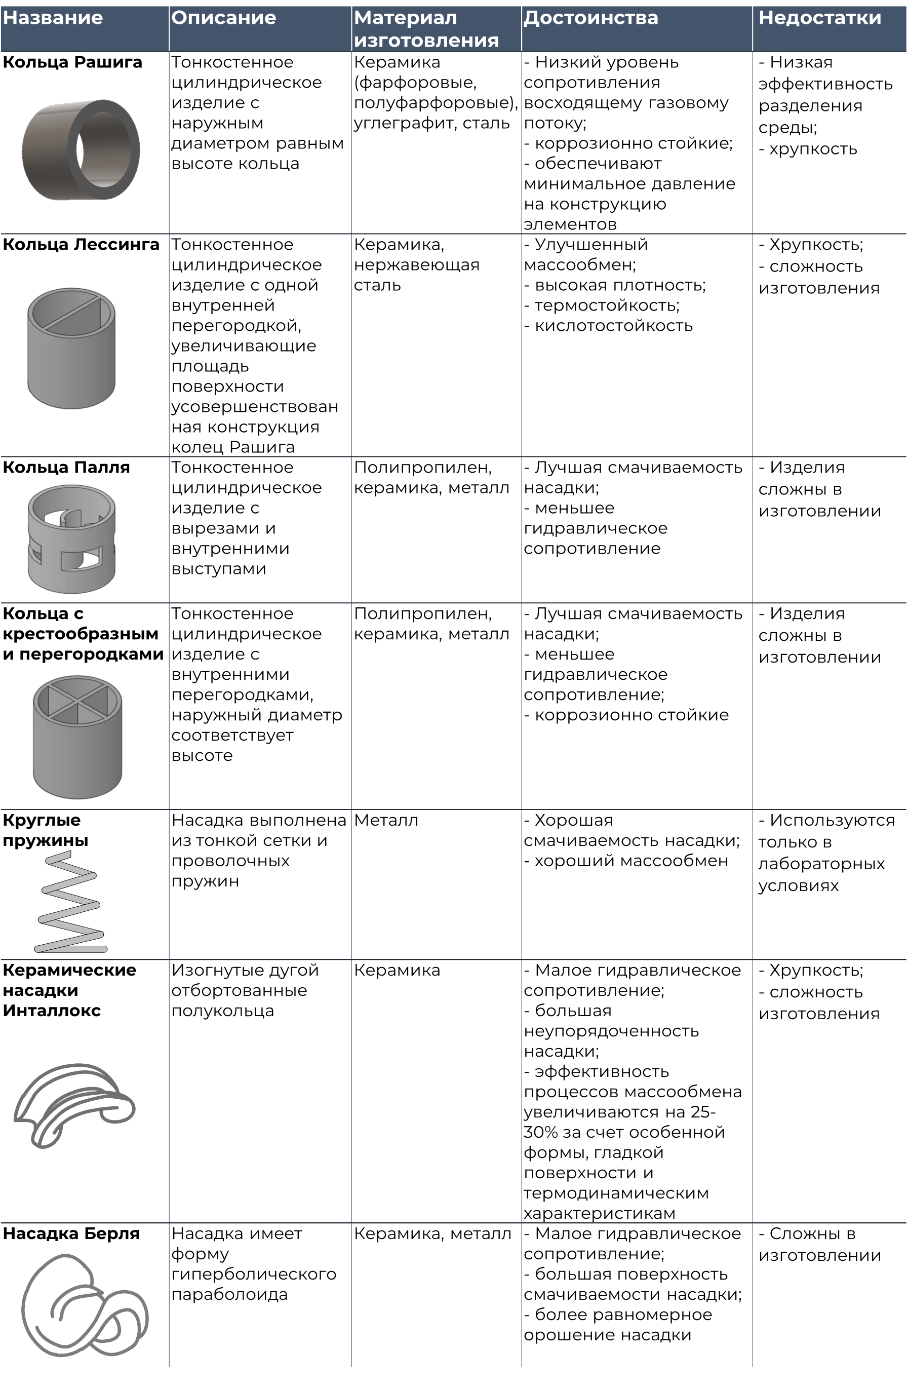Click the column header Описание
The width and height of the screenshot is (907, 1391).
[x=223, y=18]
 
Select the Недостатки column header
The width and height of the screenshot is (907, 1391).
[x=819, y=18]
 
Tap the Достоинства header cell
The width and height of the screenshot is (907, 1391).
[x=590, y=18]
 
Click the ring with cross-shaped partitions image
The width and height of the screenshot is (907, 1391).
[x=77, y=737]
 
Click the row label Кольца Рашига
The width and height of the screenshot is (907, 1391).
[x=72, y=62]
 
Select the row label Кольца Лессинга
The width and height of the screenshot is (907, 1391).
[x=81, y=245]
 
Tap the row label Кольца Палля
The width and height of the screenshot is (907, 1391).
[x=66, y=468]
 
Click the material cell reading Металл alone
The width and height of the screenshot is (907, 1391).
[x=386, y=821]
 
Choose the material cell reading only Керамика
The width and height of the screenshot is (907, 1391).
[x=397, y=970]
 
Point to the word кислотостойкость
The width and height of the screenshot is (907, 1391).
[x=614, y=326]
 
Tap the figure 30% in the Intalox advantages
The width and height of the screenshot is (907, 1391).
[x=535, y=1132]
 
